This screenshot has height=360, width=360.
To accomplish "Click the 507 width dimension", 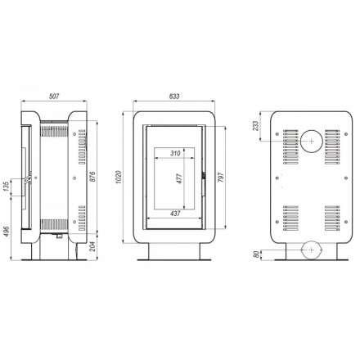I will pos(55,96).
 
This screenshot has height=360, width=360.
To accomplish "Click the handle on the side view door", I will pos(29,178).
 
